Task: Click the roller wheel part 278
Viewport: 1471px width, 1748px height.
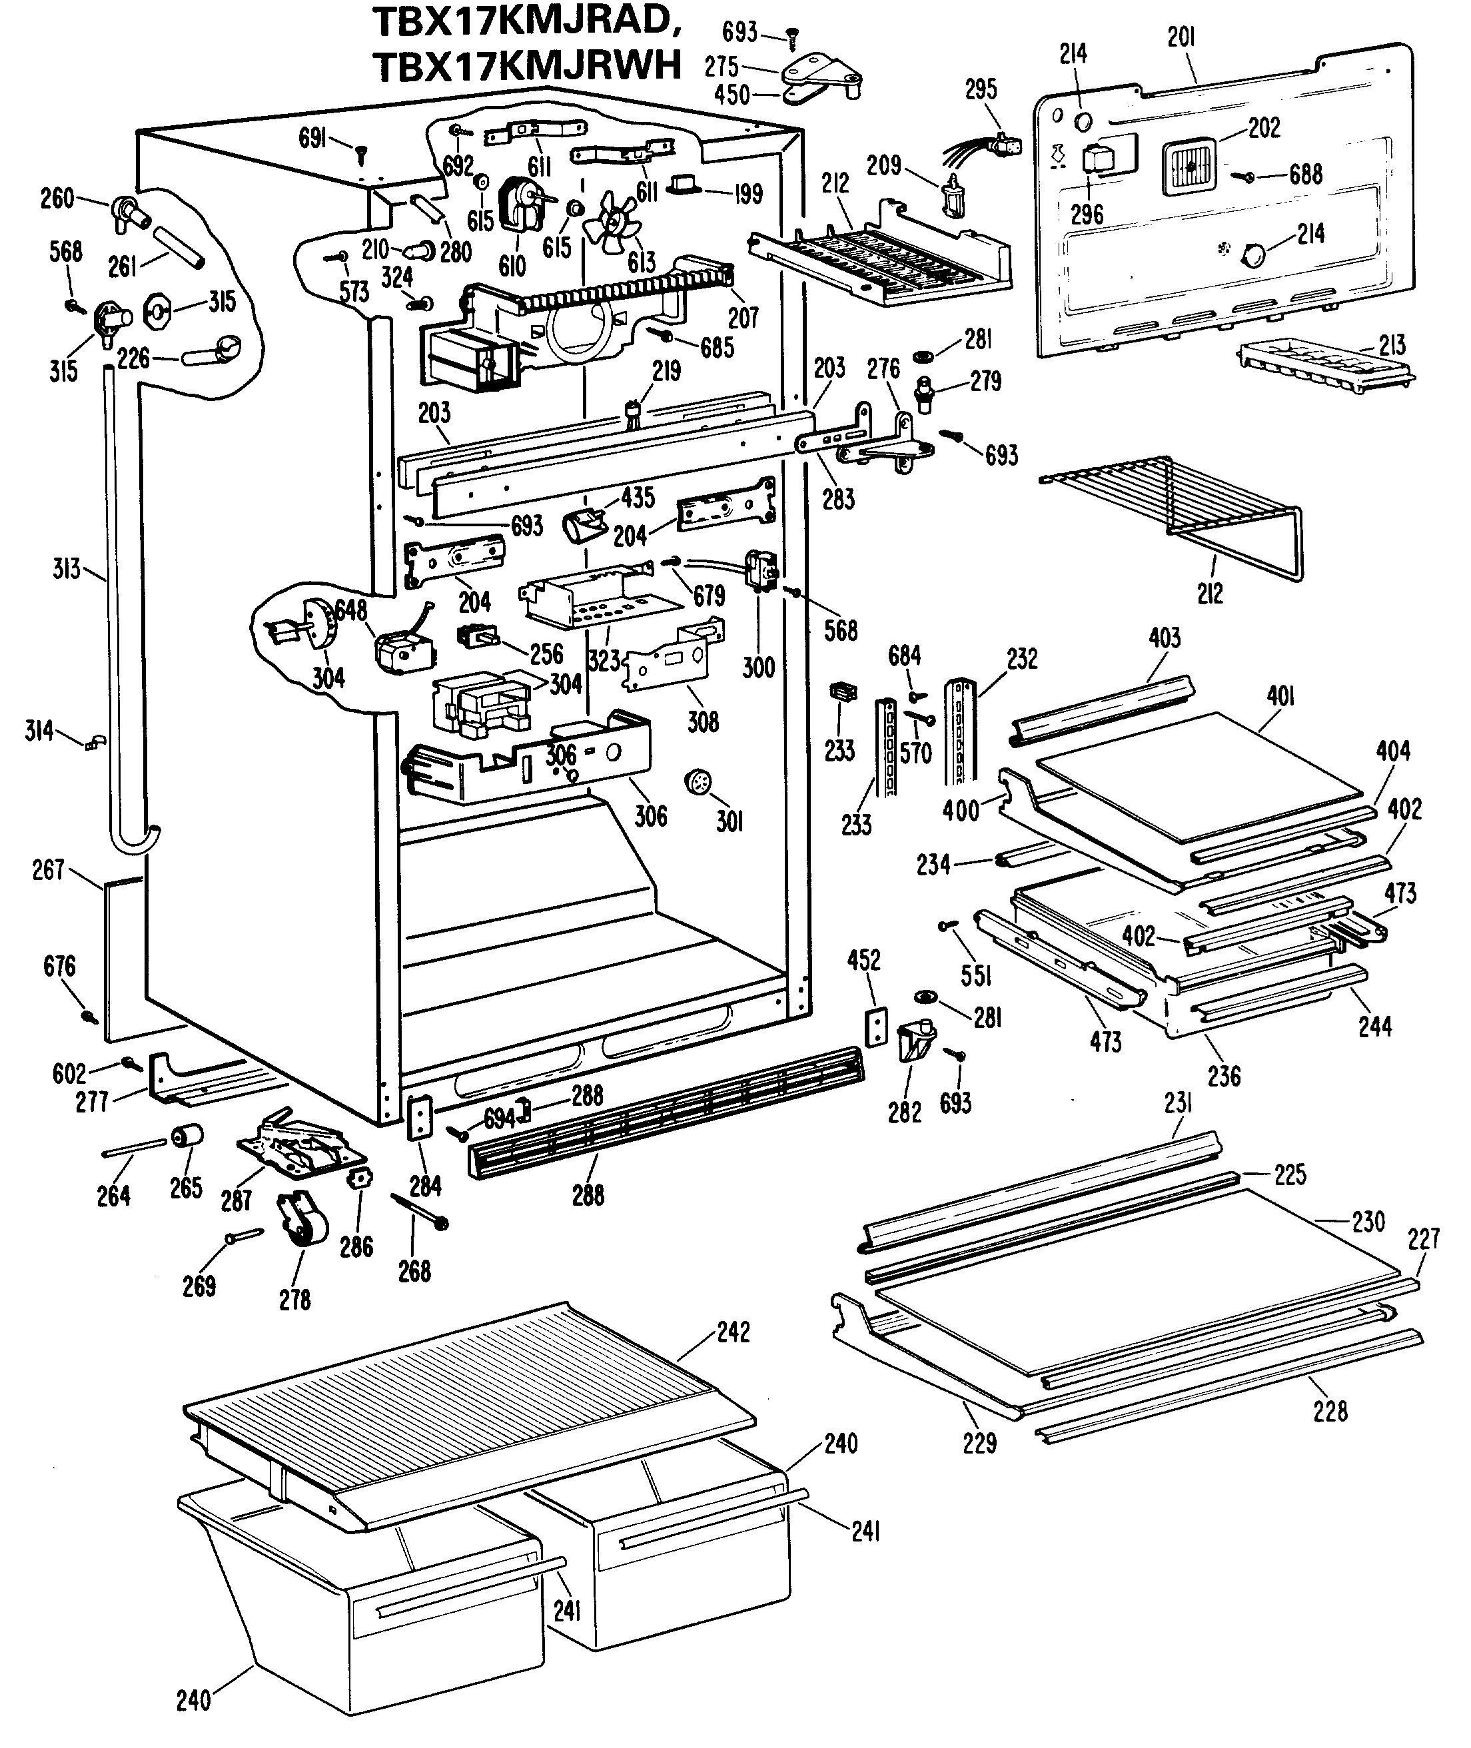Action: pos(302,1217)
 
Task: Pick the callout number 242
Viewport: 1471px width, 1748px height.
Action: pos(733,1331)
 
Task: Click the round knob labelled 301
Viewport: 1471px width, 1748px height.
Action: pos(698,783)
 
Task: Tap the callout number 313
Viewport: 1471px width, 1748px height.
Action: pos(66,570)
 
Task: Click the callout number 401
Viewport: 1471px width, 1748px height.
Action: pos(1280,695)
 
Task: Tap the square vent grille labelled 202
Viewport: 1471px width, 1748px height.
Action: pos(1189,166)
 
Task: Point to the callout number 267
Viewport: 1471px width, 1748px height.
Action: pos(49,870)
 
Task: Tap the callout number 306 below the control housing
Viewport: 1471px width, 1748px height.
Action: pos(650,815)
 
